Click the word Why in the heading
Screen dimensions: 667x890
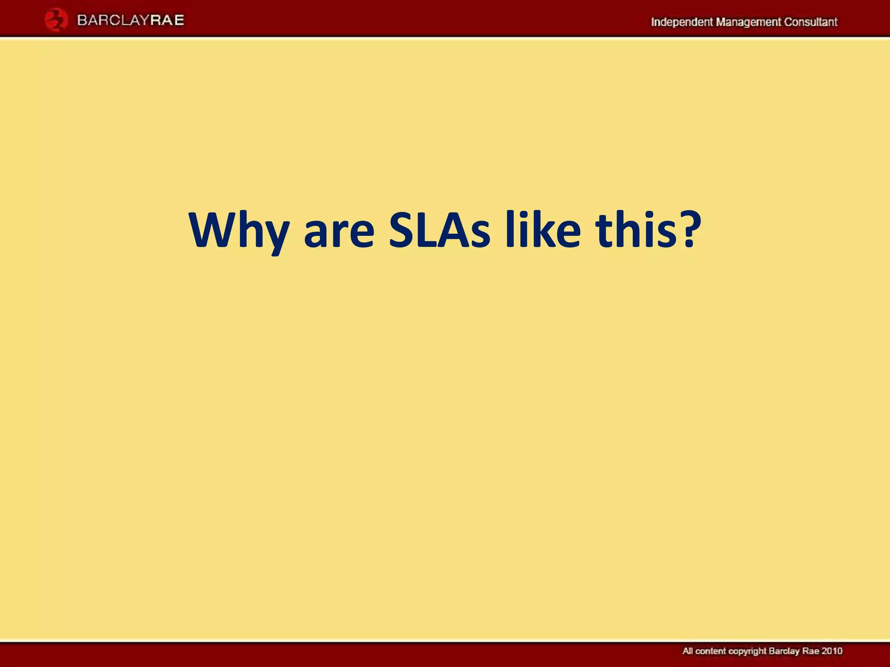click(x=239, y=231)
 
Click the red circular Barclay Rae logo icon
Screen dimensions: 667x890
click(x=56, y=20)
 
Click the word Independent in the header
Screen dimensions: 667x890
click(x=681, y=22)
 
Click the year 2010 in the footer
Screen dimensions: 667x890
click(x=832, y=651)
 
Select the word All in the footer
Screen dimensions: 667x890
click(x=688, y=651)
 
